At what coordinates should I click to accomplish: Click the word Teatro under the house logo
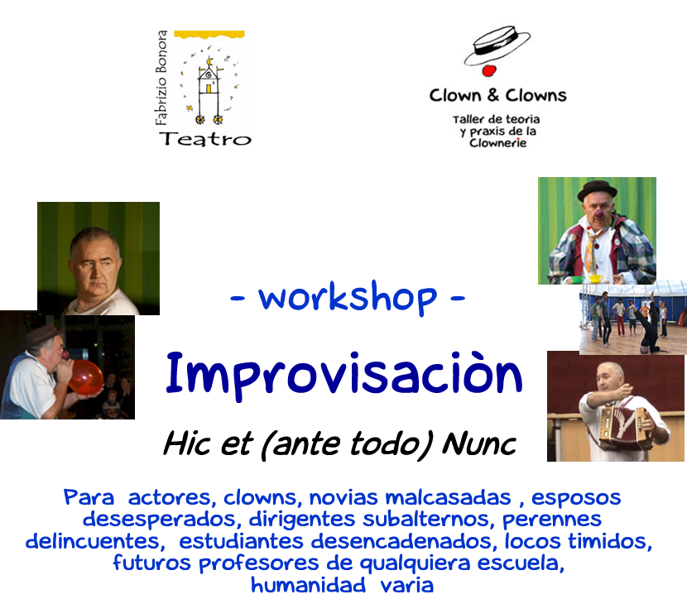pos(205,139)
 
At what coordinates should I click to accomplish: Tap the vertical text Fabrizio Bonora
pos(161,78)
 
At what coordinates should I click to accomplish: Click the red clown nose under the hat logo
pos(488,70)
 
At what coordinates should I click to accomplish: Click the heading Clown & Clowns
pos(497,95)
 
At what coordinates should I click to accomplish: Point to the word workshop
pos(348,297)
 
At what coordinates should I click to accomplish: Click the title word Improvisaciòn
pos(344,375)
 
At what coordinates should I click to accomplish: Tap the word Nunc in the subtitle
pos(479,444)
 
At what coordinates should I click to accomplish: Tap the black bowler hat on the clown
pos(597,189)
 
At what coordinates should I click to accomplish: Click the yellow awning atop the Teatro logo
pos(209,34)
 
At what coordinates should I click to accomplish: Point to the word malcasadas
pos(448,498)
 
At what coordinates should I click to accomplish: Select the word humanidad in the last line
pos(308,585)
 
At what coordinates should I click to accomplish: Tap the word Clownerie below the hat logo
pos(497,143)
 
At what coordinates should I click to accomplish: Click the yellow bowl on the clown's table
pos(596,279)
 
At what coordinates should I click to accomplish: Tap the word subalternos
pos(425,520)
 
